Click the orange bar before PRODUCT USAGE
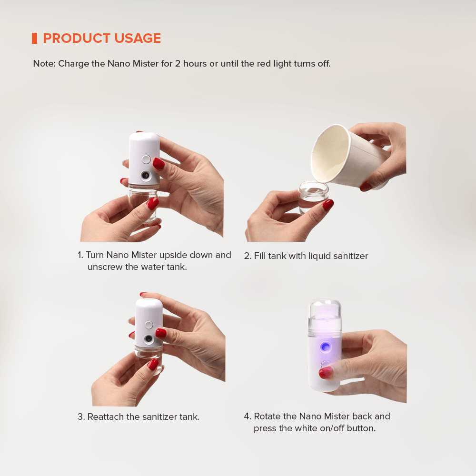[x=35, y=38]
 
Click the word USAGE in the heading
[x=138, y=38]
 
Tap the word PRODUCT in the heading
[x=77, y=38]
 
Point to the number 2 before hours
[x=178, y=64]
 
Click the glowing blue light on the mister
[x=325, y=347]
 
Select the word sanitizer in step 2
[x=351, y=256]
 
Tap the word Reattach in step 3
[x=106, y=417]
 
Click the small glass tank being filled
[x=313, y=197]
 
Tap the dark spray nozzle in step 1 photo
[x=146, y=176]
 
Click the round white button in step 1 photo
[x=146, y=159]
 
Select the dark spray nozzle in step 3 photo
[x=149, y=339]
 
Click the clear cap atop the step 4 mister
[x=325, y=317]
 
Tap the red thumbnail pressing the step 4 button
[x=326, y=373]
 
